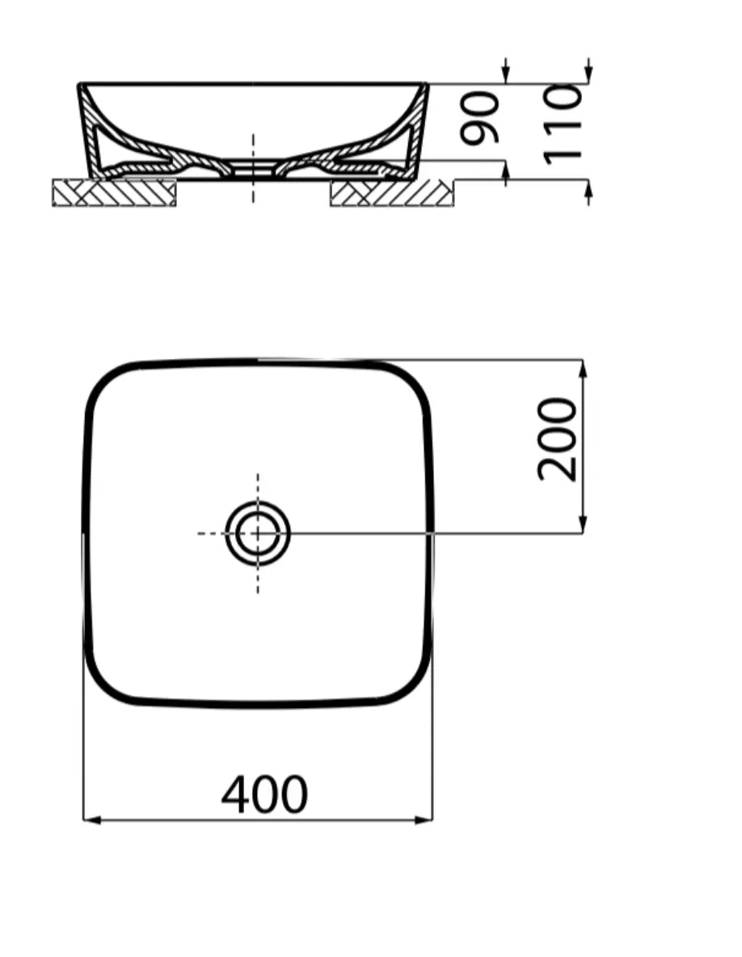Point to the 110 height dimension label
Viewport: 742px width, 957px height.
coord(563,124)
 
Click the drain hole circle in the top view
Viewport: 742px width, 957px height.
coord(258,533)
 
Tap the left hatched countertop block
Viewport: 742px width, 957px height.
coord(114,192)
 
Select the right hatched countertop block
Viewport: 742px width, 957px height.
coord(391,192)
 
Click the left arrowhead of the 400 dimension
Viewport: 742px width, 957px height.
coord(91,820)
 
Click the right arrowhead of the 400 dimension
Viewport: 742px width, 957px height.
coord(426,820)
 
